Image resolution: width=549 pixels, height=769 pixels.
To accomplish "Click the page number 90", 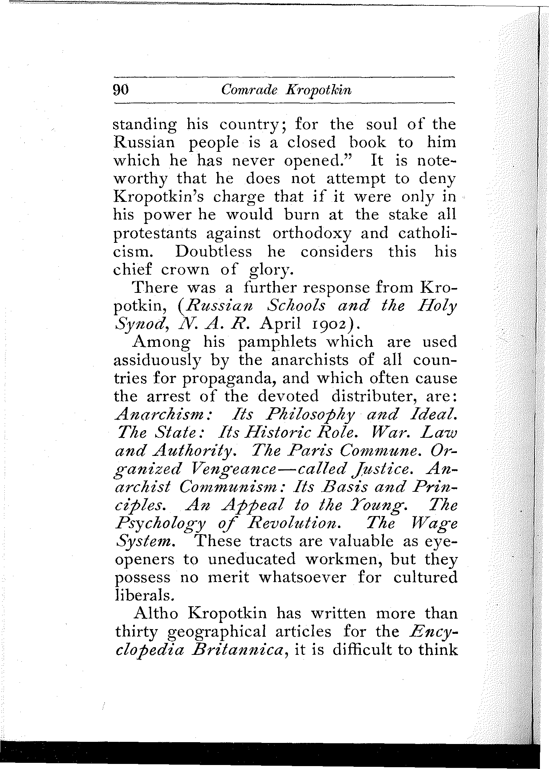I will point(121,90).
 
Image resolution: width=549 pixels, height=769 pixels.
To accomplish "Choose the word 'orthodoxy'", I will point(312,233).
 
